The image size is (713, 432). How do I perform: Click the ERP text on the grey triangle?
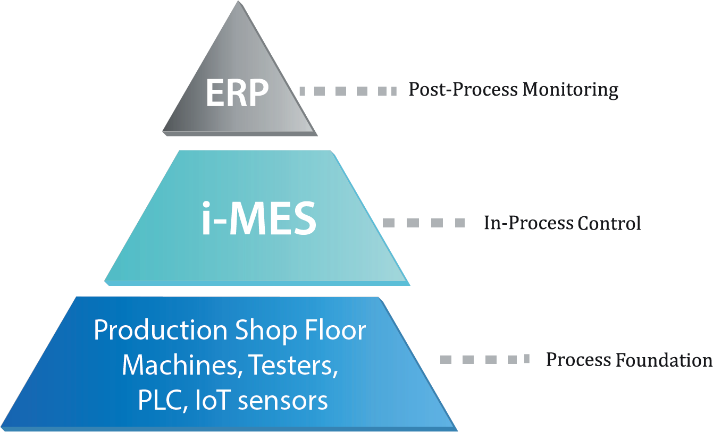[x=237, y=93]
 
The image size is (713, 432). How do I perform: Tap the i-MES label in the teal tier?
[x=259, y=219]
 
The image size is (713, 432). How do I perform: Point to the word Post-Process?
[x=463, y=89]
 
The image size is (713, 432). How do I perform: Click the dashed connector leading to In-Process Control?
[x=424, y=223]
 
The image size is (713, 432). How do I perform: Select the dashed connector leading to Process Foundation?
[x=485, y=359]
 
